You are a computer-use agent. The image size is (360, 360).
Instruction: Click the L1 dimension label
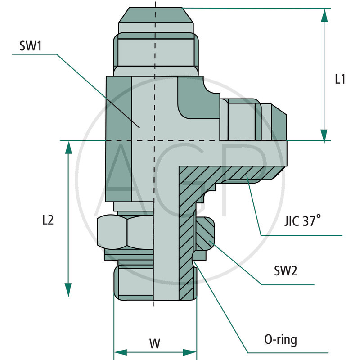tap(340, 79)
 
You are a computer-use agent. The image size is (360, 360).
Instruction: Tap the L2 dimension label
tap(48, 220)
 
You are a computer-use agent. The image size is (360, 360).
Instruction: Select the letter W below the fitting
tap(154, 343)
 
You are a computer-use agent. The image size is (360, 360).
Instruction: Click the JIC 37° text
tap(303, 222)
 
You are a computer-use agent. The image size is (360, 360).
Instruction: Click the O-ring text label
tap(281, 339)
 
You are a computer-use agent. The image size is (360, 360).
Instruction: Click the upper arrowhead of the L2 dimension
tap(68, 148)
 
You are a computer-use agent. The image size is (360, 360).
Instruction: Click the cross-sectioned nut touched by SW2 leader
tap(206, 233)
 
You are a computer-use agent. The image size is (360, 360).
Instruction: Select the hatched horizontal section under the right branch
tap(229, 173)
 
